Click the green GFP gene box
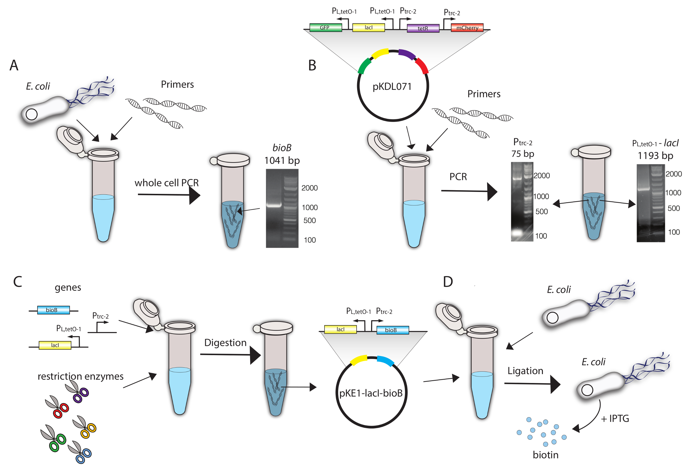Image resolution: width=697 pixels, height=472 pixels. [325, 28]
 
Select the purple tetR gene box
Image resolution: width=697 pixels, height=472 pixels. [423, 28]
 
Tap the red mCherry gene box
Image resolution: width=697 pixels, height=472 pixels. [467, 28]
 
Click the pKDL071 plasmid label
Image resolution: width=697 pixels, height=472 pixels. [392, 86]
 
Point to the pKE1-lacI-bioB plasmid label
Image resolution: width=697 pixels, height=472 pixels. [371, 393]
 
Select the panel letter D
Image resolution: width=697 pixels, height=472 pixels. [447, 282]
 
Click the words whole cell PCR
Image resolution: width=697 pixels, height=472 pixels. [166, 183]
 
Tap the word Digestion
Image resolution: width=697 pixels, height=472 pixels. [225, 343]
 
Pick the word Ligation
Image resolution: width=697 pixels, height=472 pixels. [525, 371]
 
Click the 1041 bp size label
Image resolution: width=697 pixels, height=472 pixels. [282, 160]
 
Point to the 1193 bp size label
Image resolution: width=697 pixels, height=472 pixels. [655, 155]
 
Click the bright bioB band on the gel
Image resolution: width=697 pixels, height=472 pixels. [274, 206]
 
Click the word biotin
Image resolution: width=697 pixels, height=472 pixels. [546, 455]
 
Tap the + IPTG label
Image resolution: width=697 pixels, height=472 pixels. [615, 419]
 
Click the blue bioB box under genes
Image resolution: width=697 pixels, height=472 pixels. [53, 310]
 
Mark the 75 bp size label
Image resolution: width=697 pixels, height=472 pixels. [523, 154]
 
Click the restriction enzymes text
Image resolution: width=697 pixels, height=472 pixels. [80, 376]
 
